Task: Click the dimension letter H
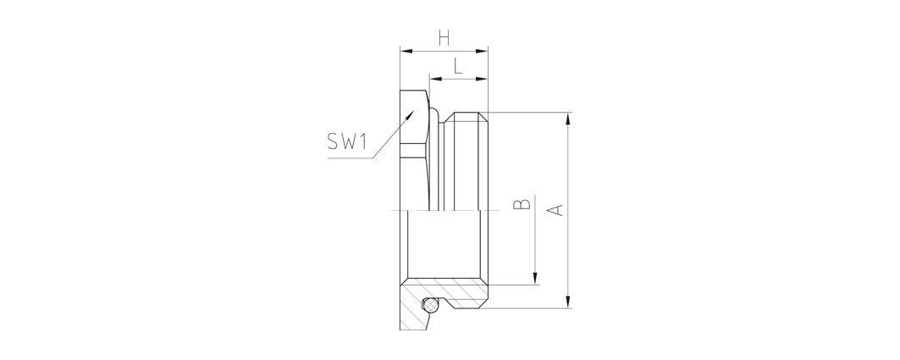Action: [443, 37]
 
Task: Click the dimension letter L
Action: [458, 66]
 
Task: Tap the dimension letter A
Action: [555, 209]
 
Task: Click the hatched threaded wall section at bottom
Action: [462, 294]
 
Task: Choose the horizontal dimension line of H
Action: [444, 52]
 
